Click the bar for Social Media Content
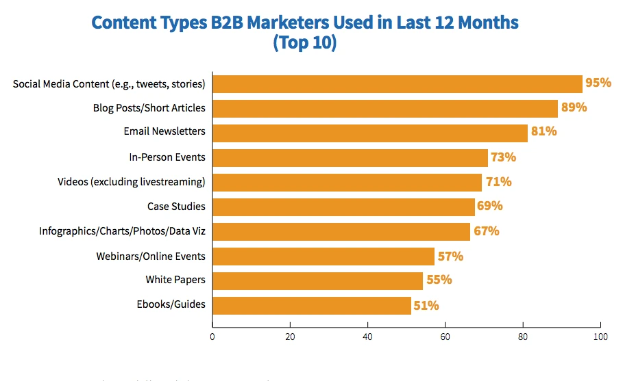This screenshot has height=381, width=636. coord(397,83)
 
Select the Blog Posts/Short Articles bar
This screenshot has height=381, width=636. coord(385,108)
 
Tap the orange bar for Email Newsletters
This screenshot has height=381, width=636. coord(370,133)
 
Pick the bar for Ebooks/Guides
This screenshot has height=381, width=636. coord(312,305)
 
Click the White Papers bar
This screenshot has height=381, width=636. coord(317,280)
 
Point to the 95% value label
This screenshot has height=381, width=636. coord(598,83)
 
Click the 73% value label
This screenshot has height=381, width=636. coord(503,157)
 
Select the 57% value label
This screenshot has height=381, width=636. coord(450,257)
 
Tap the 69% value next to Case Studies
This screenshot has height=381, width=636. coord(489,206)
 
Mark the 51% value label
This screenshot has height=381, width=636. coord(426,305)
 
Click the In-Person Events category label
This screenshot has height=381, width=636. coord(167,157)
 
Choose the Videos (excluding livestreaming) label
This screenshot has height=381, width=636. coord(132,182)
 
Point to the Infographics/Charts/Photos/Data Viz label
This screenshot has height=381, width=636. coord(122,231)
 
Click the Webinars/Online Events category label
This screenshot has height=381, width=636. coord(151,257)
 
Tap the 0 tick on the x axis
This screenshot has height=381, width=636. coord(212,337)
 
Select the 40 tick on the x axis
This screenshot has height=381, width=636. coord(367,337)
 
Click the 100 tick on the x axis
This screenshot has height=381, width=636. coord(600,337)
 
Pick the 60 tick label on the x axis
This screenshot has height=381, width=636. coord(445,337)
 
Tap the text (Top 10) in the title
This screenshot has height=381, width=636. coord(305,42)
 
